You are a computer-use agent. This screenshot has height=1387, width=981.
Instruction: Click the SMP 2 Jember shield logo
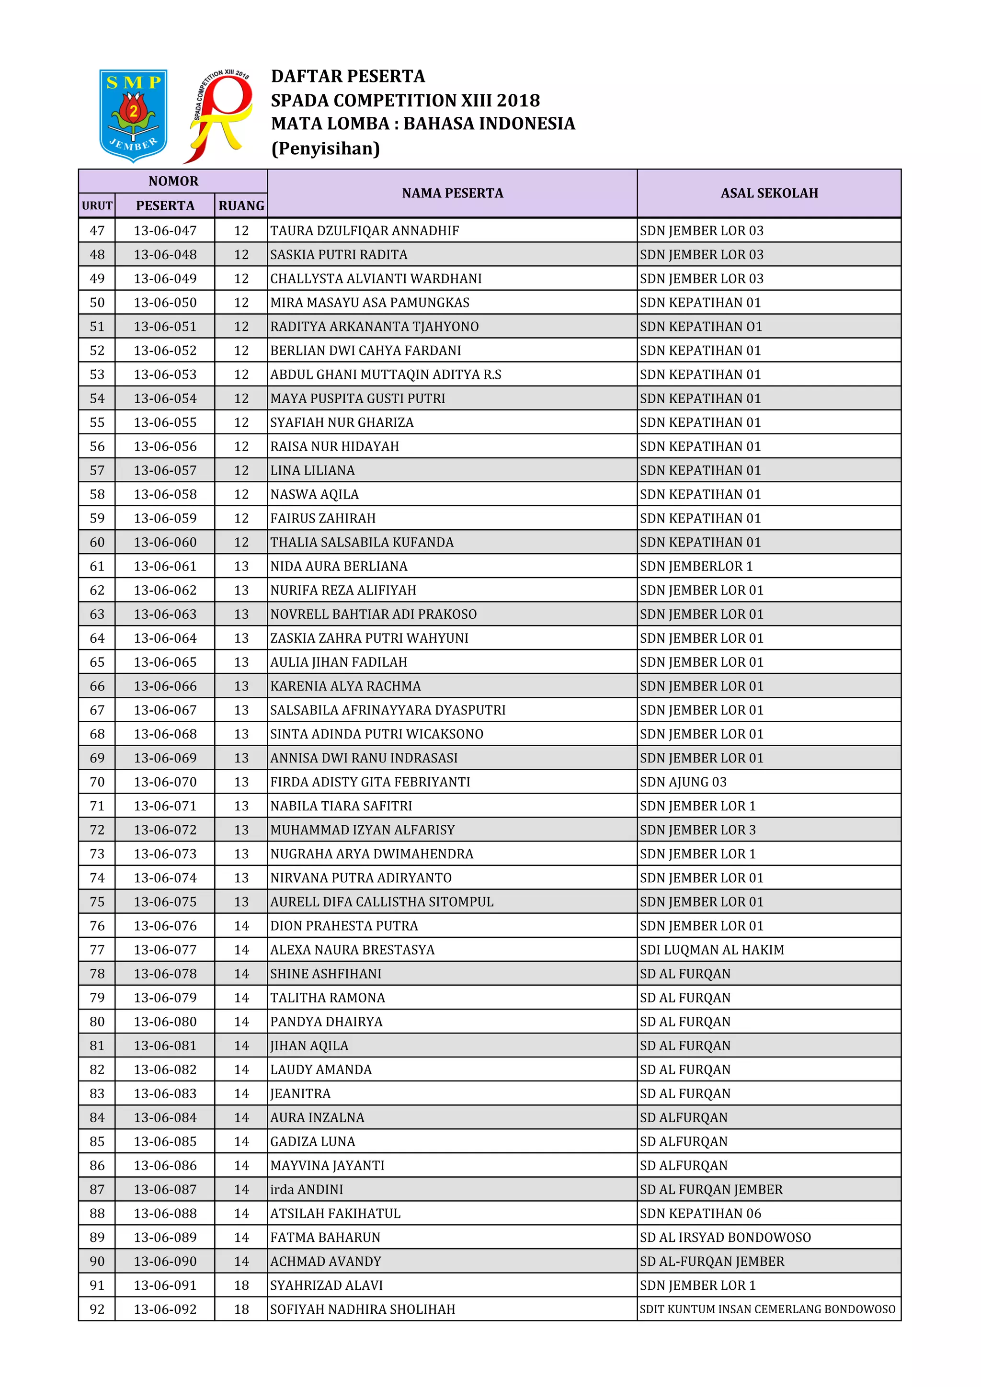click(133, 115)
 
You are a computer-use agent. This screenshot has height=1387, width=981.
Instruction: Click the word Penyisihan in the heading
click(326, 148)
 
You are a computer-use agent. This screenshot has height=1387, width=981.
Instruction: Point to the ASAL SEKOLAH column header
click(768, 193)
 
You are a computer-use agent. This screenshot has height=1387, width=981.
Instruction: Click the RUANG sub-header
click(241, 206)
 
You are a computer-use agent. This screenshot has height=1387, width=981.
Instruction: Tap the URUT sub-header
click(97, 206)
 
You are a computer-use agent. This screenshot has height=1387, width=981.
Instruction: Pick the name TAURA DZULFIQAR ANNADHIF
click(364, 231)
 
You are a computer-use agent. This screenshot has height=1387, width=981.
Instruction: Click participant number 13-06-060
click(165, 543)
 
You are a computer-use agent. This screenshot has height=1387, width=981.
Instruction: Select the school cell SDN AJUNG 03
click(683, 782)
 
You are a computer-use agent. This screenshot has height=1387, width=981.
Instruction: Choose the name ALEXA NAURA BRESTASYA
click(352, 950)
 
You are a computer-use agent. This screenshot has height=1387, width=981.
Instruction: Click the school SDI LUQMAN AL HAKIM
click(712, 950)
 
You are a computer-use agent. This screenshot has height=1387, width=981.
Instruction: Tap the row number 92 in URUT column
click(97, 1310)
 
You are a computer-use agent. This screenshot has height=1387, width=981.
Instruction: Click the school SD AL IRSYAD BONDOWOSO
click(725, 1238)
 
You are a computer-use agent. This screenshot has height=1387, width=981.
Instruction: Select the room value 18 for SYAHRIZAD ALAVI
click(241, 1285)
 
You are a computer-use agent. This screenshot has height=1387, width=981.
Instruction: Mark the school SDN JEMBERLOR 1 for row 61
click(696, 567)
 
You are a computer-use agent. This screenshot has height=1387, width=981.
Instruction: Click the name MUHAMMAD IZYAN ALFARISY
click(363, 830)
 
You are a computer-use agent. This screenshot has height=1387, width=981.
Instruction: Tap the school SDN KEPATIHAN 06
click(700, 1214)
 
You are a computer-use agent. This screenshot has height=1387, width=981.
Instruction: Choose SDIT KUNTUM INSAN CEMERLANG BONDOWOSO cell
click(767, 1310)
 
